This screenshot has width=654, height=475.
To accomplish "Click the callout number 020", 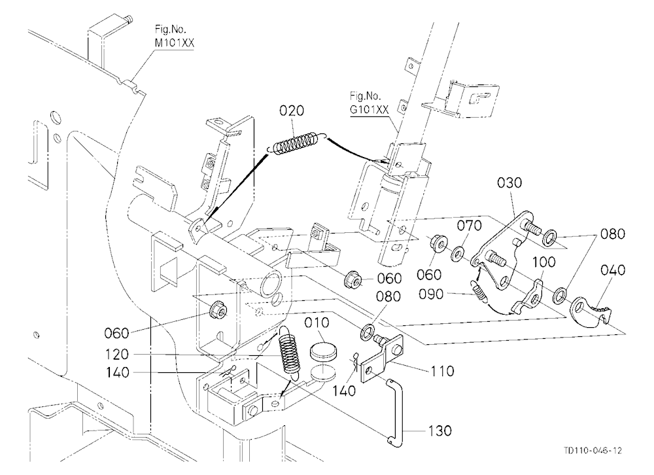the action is (292, 111).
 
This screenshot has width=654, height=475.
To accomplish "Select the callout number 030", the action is (509, 183).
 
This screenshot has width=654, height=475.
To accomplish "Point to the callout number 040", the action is (613, 270).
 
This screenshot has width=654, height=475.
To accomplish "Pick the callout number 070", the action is (469, 226).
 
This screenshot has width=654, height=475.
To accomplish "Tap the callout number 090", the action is (431, 294).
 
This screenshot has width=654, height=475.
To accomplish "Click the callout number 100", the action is (544, 262).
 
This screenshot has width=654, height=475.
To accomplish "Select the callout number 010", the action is (317, 323).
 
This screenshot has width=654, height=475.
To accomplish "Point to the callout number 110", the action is (442, 371).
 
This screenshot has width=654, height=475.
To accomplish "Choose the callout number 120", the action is (117, 355).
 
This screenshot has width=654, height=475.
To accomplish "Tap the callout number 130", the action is (439, 431).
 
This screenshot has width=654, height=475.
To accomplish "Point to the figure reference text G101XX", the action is (369, 109).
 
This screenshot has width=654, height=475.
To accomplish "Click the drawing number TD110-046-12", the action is (593, 450).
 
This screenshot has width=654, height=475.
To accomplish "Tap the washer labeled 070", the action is (458, 253).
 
